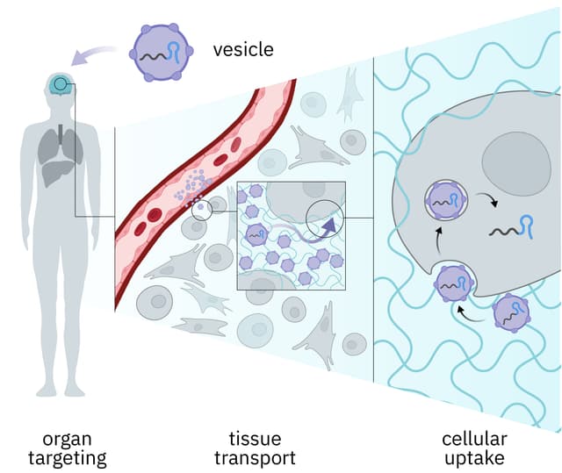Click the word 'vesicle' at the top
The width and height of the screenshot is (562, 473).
click(x=243, y=48)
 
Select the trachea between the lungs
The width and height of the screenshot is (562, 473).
click(x=61, y=133)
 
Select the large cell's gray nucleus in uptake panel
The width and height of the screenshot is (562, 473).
click(x=516, y=163)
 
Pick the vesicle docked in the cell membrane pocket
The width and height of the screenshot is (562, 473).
click(x=453, y=283)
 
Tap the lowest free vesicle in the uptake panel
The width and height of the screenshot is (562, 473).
click(x=511, y=313)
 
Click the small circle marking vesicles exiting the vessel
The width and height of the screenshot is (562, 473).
click(x=202, y=210)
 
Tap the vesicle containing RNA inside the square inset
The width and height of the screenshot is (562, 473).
click(x=256, y=233)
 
